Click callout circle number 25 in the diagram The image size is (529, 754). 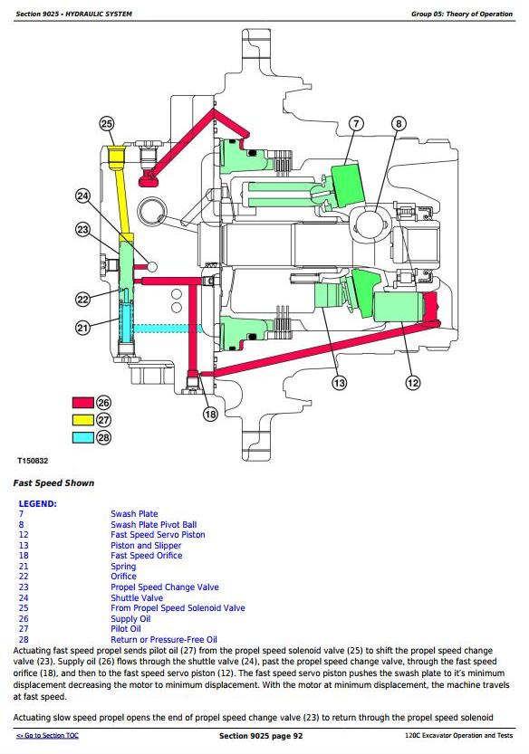click(x=106, y=124)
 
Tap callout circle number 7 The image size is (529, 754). click(x=356, y=124)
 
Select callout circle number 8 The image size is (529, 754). click(x=399, y=124)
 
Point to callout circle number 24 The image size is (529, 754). click(x=82, y=196)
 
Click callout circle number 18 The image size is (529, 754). click(x=210, y=414)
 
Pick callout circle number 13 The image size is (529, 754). click(x=340, y=383)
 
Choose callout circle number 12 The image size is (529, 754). click(x=412, y=383)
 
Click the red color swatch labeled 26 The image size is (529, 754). click(x=82, y=403)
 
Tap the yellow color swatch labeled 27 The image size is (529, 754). click(x=82, y=420)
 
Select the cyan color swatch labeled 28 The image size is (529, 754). click(x=82, y=437)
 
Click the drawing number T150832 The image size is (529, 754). click(x=33, y=461)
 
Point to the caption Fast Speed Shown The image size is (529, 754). click(x=53, y=483)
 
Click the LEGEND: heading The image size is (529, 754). click(x=37, y=504)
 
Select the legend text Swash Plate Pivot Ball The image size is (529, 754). click(x=154, y=525)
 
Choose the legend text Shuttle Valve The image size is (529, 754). click(x=137, y=597)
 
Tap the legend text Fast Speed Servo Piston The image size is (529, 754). click(x=158, y=535)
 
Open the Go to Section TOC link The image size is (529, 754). click(x=47, y=735)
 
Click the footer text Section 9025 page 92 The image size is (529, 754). click(x=261, y=736)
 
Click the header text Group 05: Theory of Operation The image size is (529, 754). click(x=462, y=14)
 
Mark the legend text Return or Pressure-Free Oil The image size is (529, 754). click(x=164, y=640)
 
